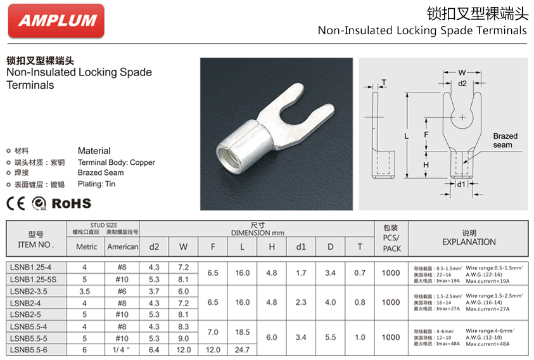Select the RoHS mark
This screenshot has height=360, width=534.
(71, 203)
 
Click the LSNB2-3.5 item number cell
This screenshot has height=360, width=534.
(29, 291)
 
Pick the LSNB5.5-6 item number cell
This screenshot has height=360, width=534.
(29, 349)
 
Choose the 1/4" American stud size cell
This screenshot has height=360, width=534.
(122, 349)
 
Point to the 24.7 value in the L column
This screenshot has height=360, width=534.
(243, 349)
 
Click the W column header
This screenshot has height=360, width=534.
(183, 247)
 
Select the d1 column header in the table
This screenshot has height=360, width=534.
(301, 247)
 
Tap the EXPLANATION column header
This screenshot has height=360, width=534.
(469, 241)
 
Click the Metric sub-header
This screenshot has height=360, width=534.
(87, 247)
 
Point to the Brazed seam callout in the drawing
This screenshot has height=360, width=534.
(505, 140)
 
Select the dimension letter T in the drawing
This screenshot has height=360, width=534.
(384, 83)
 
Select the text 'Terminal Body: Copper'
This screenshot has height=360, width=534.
(117, 162)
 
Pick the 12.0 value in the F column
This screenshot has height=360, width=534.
(213, 349)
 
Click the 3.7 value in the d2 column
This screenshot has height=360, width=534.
(154, 291)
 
